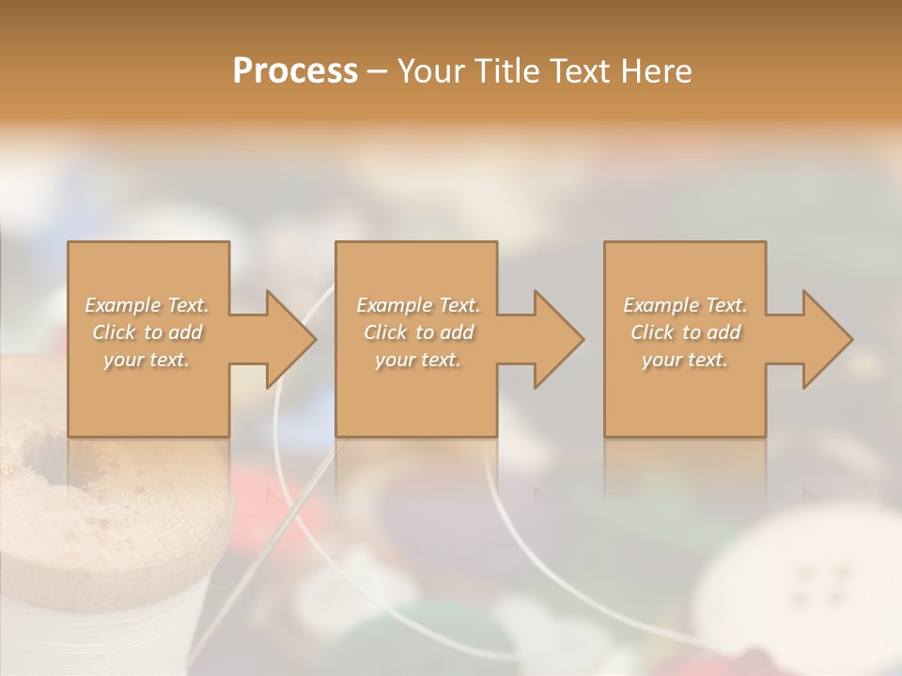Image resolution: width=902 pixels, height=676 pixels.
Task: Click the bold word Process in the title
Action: [295, 71]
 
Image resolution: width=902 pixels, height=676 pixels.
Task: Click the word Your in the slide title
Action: [429, 71]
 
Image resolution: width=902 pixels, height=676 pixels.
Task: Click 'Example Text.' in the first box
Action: [147, 305]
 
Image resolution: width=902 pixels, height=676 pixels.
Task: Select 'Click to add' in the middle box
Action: [417, 332]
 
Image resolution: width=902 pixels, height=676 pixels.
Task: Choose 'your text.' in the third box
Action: [684, 360]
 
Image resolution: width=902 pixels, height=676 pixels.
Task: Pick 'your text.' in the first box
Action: [147, 360]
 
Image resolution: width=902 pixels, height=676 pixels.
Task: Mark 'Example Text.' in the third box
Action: [684, 305]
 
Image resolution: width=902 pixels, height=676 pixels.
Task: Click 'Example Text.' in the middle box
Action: [417, 305]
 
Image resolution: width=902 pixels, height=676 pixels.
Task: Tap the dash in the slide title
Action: [378, 71]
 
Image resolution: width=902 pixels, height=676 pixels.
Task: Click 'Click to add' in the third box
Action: [684, 332]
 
